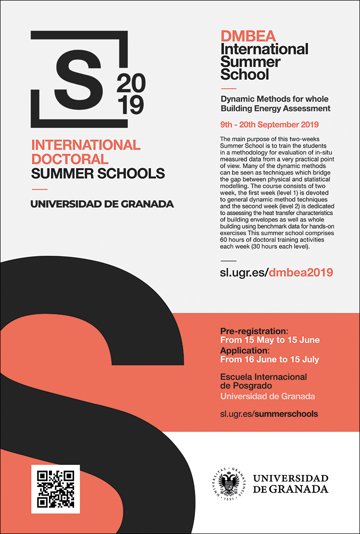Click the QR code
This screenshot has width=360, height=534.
click(x=55, y=489)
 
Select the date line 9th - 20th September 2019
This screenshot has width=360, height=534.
click(x=269, y=124)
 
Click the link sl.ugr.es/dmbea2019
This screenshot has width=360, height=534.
click(x=276, y=273)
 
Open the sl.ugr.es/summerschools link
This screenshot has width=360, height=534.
click(x=269, y=414)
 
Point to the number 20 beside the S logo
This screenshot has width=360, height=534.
click(x=130, y=84)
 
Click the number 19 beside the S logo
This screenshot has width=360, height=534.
click(x=130, y=105)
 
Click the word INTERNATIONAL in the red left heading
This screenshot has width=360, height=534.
click(x=85, y=145)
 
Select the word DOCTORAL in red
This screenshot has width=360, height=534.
click(x=69, y=159)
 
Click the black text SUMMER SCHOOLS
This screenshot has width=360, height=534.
click(x=97, y=174)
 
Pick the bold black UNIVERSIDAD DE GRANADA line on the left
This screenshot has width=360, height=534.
click(x=102, y=204)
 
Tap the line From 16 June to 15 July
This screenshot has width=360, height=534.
click(x=269, y=359)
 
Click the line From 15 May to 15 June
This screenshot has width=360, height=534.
click(x=270, y=340)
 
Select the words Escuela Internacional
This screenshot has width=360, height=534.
click(x=263, y=376)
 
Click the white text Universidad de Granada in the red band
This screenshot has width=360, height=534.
click(x=267, y=396)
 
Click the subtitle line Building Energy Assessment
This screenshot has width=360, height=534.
click(x=275, y=108)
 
